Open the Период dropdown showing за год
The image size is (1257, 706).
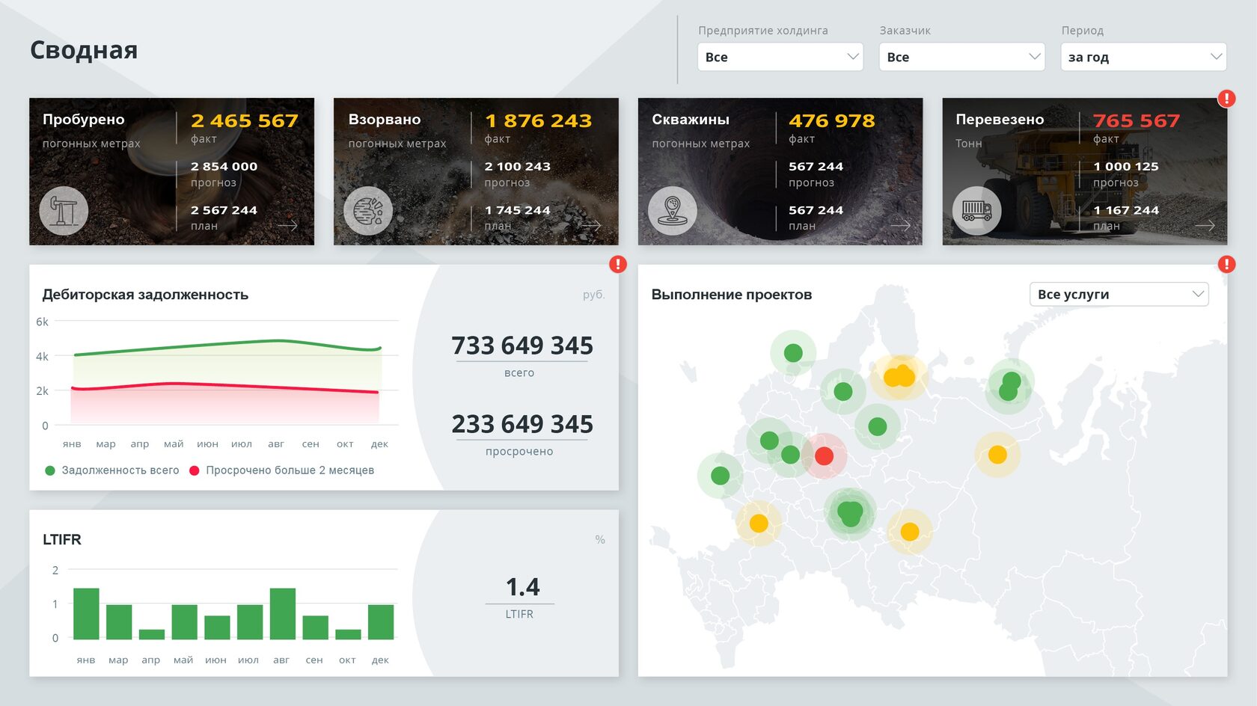pos(1143,57)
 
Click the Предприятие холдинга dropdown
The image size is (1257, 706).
pos(780,57)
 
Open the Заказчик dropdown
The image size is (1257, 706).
pos(961,57)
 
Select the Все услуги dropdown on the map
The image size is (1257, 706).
pos(1119,294)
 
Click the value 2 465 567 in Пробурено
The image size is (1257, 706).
pos(244,120)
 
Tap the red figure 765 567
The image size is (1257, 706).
pos(1136,120)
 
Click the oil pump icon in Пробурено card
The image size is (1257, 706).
pos(64,211)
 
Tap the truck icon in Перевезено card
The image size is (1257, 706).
pos(976,211)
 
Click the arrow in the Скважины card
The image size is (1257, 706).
pos(900,225)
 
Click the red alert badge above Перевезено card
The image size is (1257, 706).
pos(1226,98)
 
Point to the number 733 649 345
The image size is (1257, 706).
pos(522,346)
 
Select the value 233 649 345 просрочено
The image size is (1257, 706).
pos(522,424)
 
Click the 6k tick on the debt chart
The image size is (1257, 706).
pos(42,322)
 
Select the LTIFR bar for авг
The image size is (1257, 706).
pos(282,613)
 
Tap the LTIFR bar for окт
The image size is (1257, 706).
pos(348,634)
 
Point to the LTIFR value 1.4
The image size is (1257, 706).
pos(522,587)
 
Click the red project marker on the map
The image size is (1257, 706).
pos(824,455)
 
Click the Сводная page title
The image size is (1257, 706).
pos(84,50)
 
